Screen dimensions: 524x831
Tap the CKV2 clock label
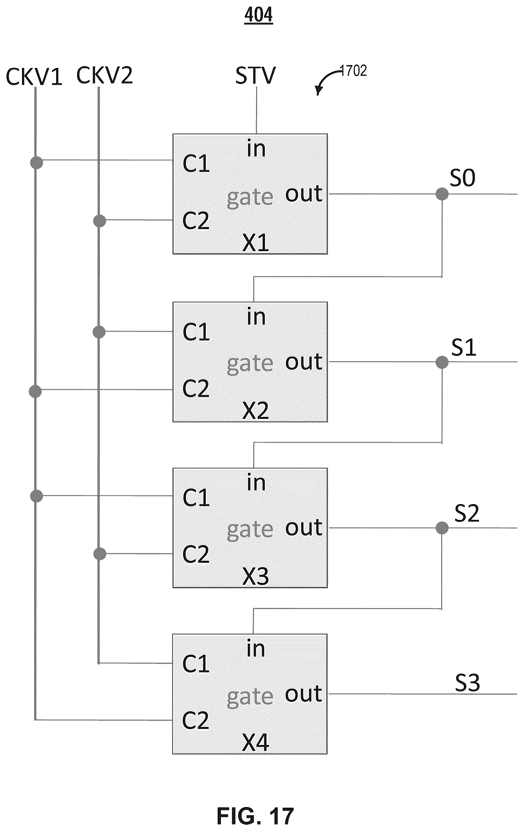click(104, 75)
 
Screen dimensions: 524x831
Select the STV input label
click(256, 76)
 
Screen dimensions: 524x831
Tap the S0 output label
click(462, 178)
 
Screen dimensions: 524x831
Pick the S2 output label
click(466, 513)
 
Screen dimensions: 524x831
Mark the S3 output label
click(467, 683)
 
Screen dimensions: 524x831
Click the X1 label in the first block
click(256, 243)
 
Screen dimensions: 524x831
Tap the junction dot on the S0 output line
click(442, 194)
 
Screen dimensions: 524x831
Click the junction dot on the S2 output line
click(442, 528)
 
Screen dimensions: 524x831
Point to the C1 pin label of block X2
click(196, 332)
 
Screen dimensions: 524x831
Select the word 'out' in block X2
click(304, 362)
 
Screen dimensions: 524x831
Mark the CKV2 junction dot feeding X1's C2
click(100, 221)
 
